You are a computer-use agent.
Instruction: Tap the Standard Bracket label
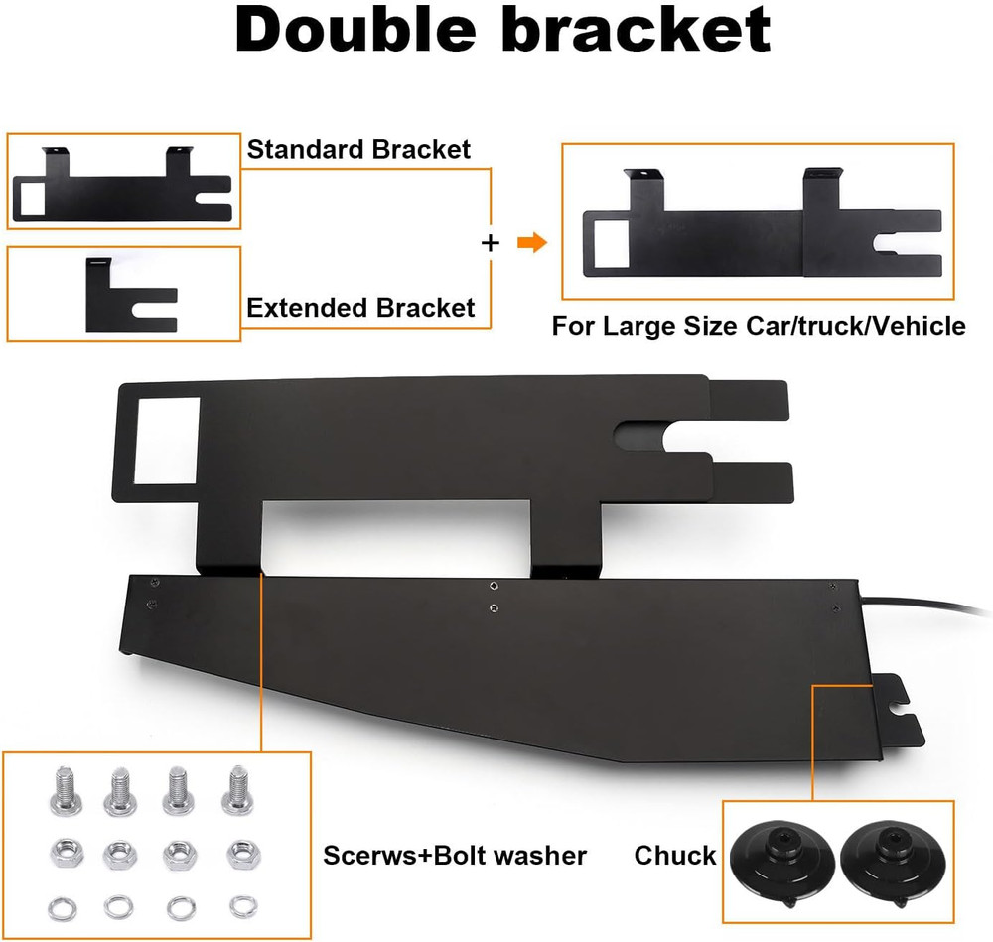358,150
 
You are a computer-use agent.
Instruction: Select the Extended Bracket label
360,308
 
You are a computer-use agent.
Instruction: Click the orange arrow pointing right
532,242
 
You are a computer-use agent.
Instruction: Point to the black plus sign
491,243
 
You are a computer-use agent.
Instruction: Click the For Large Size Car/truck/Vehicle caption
759,326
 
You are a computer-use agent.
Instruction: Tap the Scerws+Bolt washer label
455,856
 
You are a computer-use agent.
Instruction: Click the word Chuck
675,856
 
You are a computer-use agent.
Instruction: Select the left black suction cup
780,865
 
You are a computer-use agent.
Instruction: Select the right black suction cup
893,865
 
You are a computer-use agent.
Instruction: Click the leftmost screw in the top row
65,791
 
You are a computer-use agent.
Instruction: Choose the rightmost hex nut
243,854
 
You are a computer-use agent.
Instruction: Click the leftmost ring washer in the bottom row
62,909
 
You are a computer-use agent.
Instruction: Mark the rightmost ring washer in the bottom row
244,906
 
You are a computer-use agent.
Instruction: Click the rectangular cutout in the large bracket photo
167,441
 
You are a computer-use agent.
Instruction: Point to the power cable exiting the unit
924,605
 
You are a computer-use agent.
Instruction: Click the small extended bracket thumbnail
130,295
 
